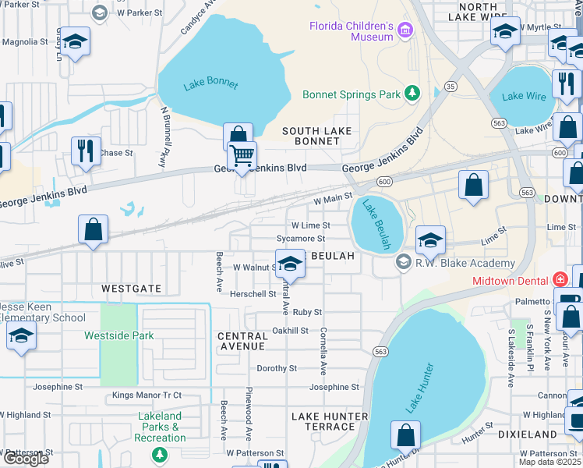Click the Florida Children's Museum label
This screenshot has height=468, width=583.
pyautogui.click(x=351, y=30)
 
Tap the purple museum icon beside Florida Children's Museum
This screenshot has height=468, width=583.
pyautogui.click(x=404, y=31)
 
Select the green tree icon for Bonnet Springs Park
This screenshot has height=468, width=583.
pyautogui.click(x=412, y=94)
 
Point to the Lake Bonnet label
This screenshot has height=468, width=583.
pyautogui.click(x=210, y=84)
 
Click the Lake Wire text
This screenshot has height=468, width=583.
pyautogui.click(x=523, y=96)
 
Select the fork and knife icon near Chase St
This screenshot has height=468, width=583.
pyautogui.click(x=86, y=150)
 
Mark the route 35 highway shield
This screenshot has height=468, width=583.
pyautogui.click(x=450, y=87)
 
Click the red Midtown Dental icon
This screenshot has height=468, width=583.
pyautogui.click(x=559, y=279)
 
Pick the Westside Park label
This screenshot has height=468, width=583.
pyautogui.click(x=119, y=336)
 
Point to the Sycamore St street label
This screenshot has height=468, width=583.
pyautogui.click(x=300, y=238)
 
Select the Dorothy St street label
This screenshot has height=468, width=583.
pyautogui.click(x=277, y=368)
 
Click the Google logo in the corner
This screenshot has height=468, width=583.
pyautogui.click(x=26, y=459)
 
